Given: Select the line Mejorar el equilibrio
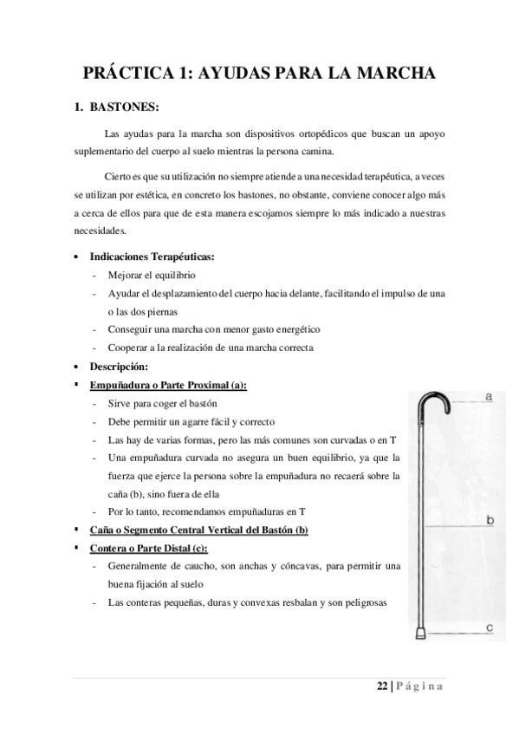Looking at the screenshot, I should [x=150, y=275].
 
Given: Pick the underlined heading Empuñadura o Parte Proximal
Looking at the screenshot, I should [x=168, y=386].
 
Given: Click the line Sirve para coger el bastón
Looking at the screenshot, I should [x=161, y=404].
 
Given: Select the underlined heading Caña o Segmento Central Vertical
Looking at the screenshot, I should [x=198, y=530].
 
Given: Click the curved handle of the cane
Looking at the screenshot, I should [x=432, y=400].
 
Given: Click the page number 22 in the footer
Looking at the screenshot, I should [x=382, y=687].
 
